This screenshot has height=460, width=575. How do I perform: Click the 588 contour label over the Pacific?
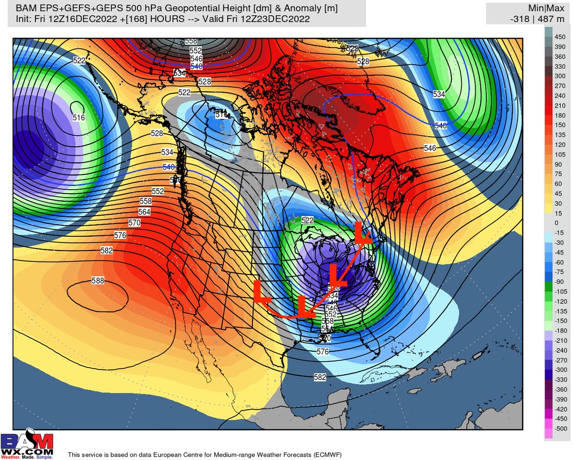point(97,281)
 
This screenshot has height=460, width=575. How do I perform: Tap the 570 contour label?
point(135,223)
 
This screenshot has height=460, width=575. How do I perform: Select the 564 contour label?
point(144,212)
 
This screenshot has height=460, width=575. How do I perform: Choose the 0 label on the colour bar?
point(556,223)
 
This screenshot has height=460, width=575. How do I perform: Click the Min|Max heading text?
point(528,9)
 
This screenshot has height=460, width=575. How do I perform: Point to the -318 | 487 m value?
point(528,19)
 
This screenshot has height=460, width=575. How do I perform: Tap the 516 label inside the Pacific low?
point(79,117)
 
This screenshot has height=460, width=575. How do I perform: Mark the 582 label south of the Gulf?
point(320,377)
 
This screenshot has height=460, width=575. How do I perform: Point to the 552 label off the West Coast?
point(158,191)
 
